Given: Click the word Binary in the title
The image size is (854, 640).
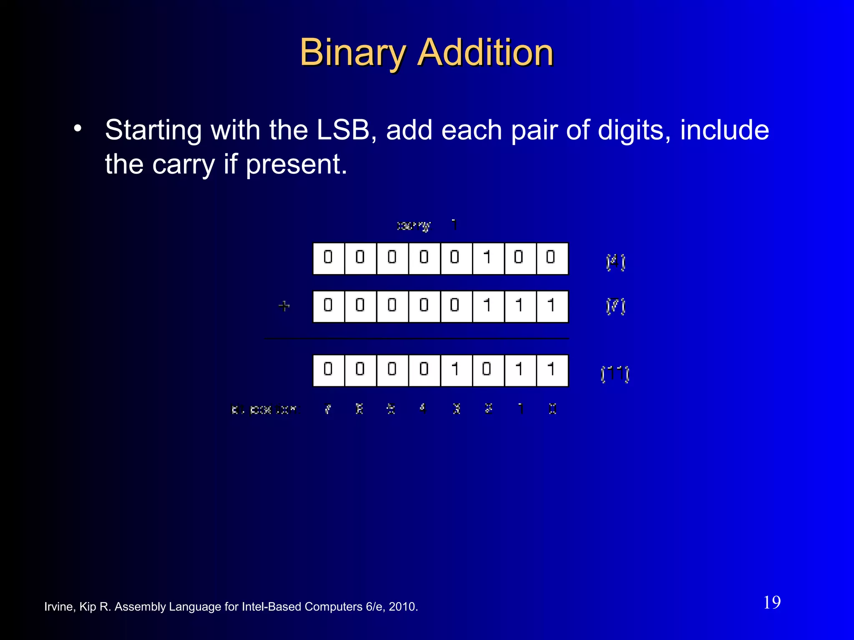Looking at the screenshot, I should point(352,53).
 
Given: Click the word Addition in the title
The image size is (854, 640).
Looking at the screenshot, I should point(485,53).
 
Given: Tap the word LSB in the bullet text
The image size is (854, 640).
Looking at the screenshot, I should point(343,130).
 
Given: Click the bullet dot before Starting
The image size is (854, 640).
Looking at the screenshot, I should point(78,129).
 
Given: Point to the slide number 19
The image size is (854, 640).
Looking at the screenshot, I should point(772,602).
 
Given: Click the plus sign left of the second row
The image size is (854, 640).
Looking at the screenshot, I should point(284,306).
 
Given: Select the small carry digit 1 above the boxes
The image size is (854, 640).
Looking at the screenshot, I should point(455,225).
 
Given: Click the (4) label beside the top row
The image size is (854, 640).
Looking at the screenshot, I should point(615,262).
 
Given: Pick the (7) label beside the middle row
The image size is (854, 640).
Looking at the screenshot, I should point(615,306).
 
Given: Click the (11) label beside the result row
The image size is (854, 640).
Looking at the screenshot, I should point(615,373).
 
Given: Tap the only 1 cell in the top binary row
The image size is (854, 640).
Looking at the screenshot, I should point(488,258).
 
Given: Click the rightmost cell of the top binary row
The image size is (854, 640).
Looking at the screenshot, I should point(552,258).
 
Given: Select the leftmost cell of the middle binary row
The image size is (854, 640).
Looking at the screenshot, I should point(329,306).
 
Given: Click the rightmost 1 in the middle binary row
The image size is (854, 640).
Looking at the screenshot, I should point(552,306).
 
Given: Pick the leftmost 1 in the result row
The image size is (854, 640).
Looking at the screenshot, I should point(456,370).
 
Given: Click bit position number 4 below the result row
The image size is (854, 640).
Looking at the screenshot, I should point(423,409).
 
